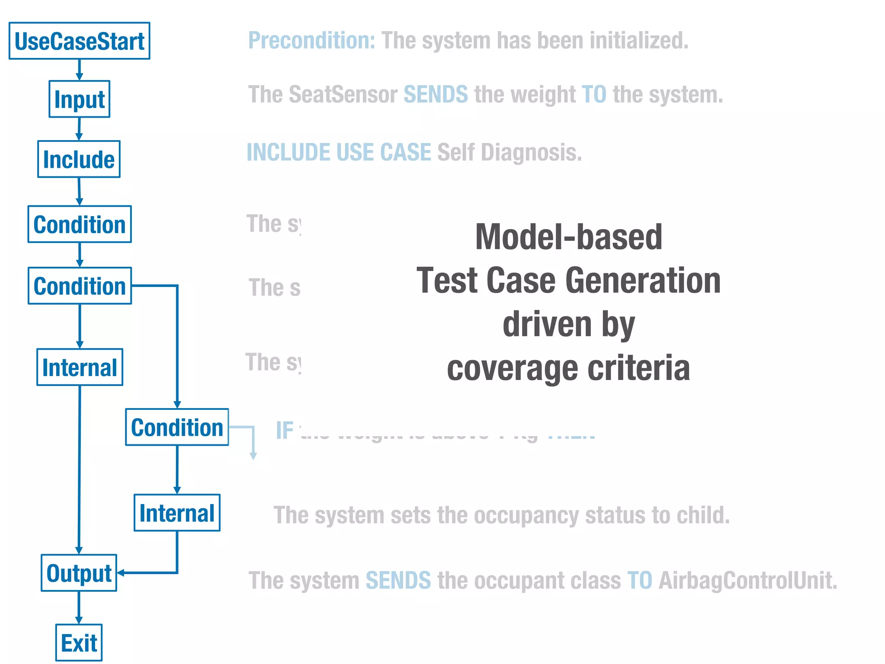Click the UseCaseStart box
click(x=80, y=41)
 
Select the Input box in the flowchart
click(x=80, y=99)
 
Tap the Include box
click(x=79, y=159)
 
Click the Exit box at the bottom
click(x=79, y=642)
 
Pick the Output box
click(x=79, y=573)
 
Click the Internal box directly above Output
click(x=80, y=367)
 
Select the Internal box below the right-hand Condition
click(x=177, y=513)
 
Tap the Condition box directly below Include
click(x=80, y=224)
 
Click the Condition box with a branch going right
click(x=80, y=286)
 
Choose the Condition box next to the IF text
click(x=177, y=427)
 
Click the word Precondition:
click(x=312, y=41)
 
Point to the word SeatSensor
click(x=343, y=94)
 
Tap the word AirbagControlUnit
click(x=748, y=580)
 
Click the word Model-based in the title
click(x=568, y=237)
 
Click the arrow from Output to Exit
click(x=79, y=607)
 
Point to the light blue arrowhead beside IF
click(x=254, y=456)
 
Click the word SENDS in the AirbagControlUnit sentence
click(x=398, y=580)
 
